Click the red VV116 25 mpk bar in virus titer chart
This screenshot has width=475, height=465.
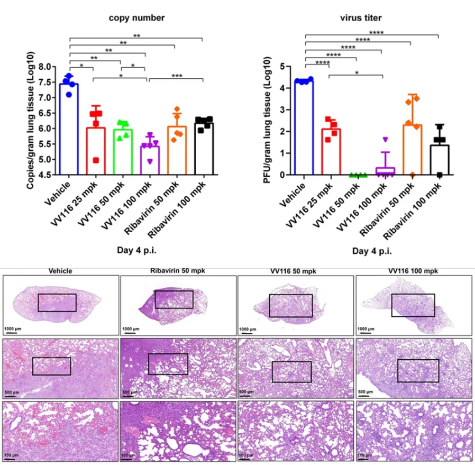pos(331,152)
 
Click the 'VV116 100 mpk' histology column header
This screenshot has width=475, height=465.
pos(413,271)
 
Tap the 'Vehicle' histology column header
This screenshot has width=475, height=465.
pos(60,271)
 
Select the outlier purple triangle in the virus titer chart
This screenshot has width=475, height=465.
pos(385,140)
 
